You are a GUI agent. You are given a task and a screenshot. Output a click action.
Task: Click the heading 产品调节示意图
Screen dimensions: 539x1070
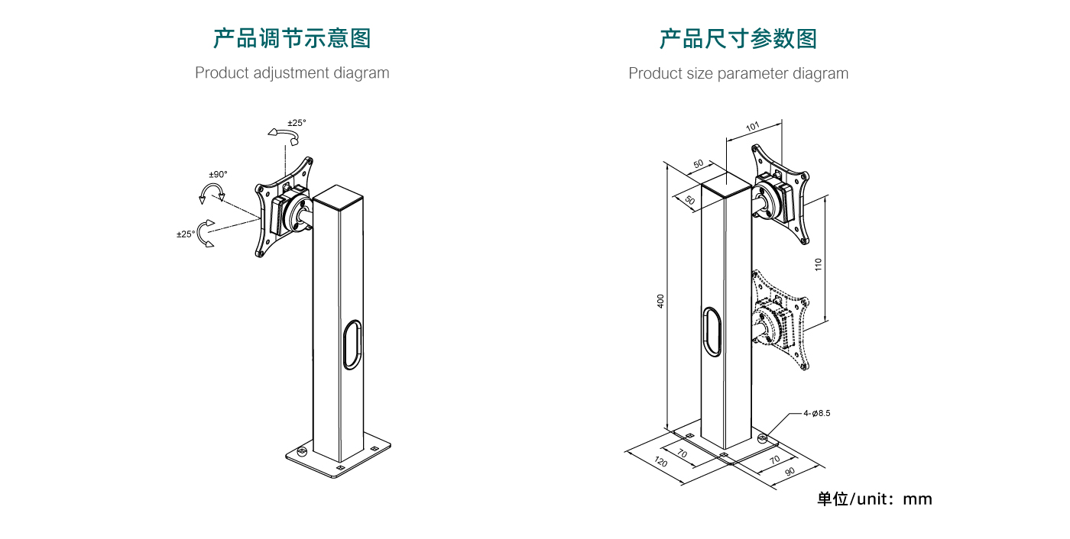(x=291, y=38)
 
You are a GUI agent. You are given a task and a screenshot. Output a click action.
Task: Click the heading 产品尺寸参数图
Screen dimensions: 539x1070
(x=738, y=38)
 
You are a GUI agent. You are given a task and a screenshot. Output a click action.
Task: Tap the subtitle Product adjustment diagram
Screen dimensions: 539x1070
(x=292, y=73)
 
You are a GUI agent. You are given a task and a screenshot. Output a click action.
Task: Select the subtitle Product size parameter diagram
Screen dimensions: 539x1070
(x=738, y=74)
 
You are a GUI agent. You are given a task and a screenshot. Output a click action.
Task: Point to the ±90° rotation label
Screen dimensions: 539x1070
(x=218, y=175)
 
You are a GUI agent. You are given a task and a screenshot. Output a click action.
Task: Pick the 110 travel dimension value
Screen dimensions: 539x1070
(x=818, y=264)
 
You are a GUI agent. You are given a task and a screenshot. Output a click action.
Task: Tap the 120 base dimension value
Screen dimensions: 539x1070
(x=661, y=463)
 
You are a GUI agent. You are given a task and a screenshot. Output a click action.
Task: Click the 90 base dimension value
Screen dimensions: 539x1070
(x=790, y=471)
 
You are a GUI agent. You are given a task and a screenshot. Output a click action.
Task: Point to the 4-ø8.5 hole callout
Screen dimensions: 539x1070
(x=816, y=413)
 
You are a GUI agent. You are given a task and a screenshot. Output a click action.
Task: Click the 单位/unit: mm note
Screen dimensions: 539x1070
(x=874, y=499)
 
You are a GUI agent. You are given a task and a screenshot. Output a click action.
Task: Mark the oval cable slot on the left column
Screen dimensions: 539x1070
(x=352, y=345)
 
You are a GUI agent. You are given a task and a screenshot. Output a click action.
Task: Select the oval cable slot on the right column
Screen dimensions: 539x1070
(x=712, y=332)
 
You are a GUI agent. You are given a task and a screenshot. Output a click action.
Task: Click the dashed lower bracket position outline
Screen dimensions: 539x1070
(x=780, y=321)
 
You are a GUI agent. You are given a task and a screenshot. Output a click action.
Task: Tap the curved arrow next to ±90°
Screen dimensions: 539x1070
(x=212, y=192)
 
